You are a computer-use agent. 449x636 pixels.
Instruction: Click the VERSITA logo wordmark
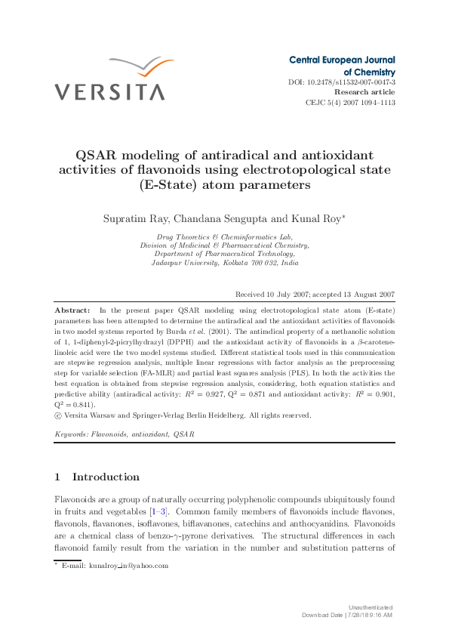point(109,91)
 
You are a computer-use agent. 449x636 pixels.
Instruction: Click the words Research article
point(364,91)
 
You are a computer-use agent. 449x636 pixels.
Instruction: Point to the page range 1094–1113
point(377,102)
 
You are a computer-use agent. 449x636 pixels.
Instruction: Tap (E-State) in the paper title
point(168,184)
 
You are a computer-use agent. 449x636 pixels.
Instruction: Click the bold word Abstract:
point(72,310)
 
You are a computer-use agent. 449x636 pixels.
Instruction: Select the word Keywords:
point(71,434)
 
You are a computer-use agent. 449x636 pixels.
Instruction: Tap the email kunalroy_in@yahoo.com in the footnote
point(128,565)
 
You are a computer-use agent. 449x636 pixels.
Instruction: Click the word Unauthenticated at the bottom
point(371,607)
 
